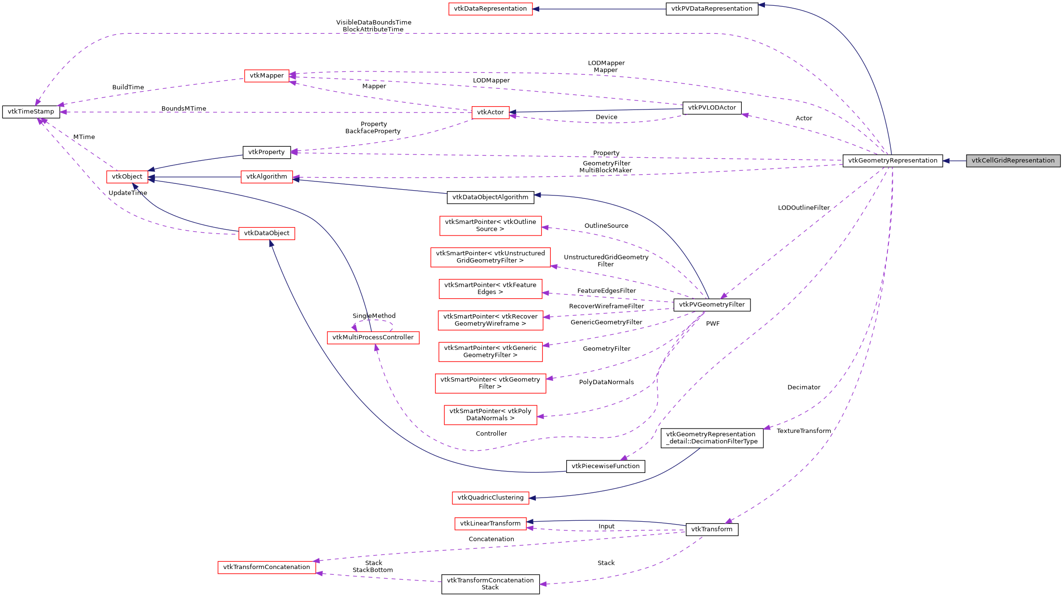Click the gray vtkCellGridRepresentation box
point(1012,161)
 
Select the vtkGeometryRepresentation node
point(892,161)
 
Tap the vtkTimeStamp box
point(31,111)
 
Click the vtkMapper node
point(266,76)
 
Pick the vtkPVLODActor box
point(711,108)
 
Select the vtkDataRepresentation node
point(490,9)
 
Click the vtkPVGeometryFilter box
point(711,305)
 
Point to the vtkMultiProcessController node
point(373,337)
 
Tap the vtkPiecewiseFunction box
point(605,466)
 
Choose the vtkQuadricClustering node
point(490,498)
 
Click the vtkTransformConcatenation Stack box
point(490,584)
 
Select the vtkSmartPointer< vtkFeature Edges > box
point(490,289)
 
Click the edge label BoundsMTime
point(184,109)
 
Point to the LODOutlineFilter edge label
point(804,208)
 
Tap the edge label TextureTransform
point(804,431)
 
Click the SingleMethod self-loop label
point(374,316)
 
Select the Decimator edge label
point(804,388)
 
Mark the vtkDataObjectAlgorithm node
point(490,197)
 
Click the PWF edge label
point(712,324)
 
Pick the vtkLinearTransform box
point(490,524)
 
